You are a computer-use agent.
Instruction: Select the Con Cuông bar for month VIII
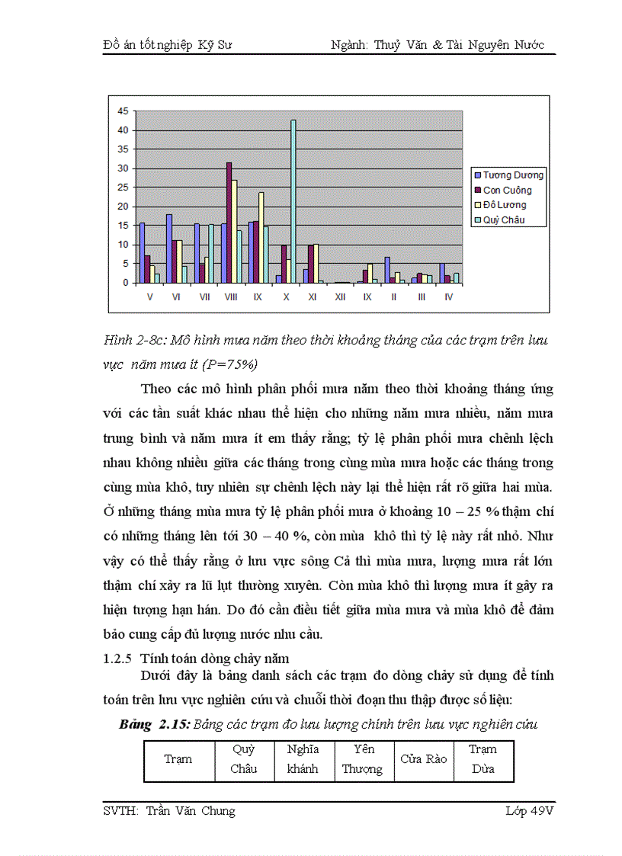click(229, 223)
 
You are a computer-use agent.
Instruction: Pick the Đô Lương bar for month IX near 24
click(261, 237)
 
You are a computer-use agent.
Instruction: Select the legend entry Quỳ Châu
click(504, 220)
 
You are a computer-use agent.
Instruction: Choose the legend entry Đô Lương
click(505, 205)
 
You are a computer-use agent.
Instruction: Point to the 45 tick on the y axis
click(123, 111)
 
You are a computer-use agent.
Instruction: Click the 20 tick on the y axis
click(123, 207)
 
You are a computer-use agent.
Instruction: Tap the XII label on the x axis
click(340, 297)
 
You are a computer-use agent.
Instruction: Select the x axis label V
click(149, 297)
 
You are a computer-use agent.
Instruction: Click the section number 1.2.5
click(117, 659)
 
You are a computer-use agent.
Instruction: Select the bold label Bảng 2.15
click(153, 724)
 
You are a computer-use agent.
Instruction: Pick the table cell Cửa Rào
click(423, 759)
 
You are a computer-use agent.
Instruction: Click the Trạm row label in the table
click(178, 759)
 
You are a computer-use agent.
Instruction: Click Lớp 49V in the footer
click(528, 811)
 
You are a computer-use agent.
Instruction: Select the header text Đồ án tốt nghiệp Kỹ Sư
click(168, 45)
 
